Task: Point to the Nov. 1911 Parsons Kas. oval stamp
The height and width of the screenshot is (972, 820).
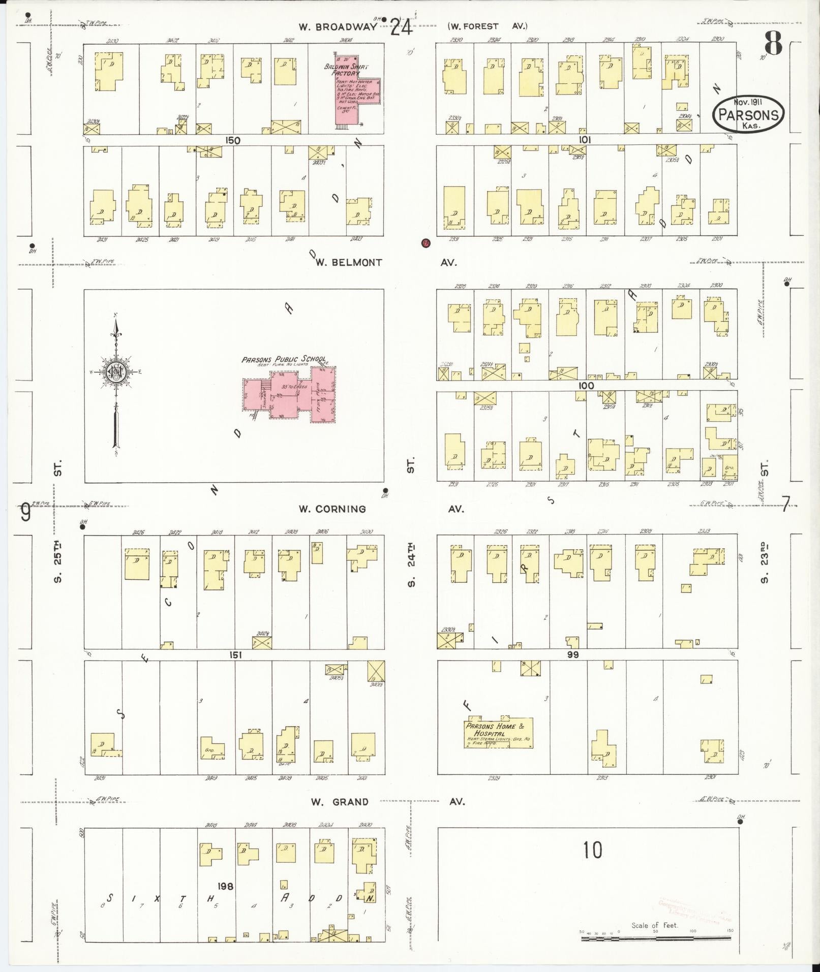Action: (748, 114)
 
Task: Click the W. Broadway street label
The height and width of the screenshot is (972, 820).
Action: (337, 27)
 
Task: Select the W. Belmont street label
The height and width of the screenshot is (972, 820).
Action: (348, 262)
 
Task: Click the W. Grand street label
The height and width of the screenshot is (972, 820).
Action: (340, 802)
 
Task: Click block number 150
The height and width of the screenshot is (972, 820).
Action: (233, 140)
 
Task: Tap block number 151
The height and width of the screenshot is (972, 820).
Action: (235, 655)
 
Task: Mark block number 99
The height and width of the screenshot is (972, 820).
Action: (573, 655)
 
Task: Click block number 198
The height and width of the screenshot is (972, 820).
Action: (225, 886)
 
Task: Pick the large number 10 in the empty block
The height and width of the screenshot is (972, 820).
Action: (592, 850)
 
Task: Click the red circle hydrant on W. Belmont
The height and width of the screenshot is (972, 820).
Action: (426, 243)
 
